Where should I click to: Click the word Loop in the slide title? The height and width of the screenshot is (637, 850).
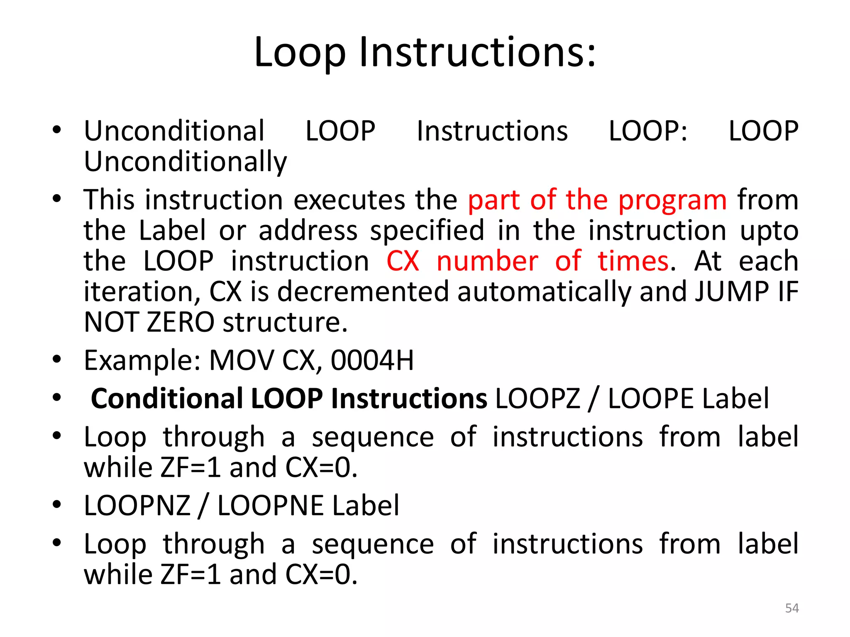tap(300, 53)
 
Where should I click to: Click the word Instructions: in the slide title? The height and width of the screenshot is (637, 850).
tap(477, 53)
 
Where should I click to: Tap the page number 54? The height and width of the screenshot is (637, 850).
tap(792, 608)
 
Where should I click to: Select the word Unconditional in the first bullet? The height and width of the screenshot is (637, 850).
tap(174, 131)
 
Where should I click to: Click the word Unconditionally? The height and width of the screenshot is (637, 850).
tap(185, 162)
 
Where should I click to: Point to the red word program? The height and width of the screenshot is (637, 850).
tap(672, 200)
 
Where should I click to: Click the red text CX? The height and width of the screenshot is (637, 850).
tap(402, 261)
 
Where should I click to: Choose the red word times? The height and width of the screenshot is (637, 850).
tap(633, 261)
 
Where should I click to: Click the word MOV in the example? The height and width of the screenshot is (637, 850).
tap(241, 360)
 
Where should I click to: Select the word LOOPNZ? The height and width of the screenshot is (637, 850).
tap(137, 506)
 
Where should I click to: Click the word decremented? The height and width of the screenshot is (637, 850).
tap(363, 292)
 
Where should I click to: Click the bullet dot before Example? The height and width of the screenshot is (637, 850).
tap(57, 359)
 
